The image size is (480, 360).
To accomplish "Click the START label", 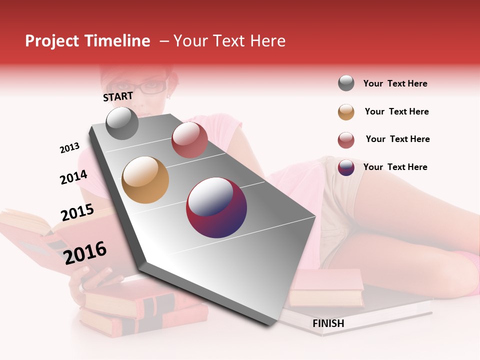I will click(x=118, y=96).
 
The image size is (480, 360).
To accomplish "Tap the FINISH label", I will click(x=328, y=323).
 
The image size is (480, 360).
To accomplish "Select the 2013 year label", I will click(x=69, y=148).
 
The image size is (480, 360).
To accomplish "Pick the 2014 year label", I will click(x=73, y=177).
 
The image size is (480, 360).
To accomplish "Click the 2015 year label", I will click(x=77, y=212).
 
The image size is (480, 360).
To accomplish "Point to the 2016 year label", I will click(x=85, y=252).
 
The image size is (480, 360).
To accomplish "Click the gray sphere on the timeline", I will click(x=122, y=123).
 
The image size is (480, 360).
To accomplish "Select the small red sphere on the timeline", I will click(x=189, y=140).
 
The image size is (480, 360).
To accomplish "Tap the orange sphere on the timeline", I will click(x=145, y=180).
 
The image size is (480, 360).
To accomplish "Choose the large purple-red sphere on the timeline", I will click(x=216, y=207).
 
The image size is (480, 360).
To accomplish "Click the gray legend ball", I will click(x=346, y=83).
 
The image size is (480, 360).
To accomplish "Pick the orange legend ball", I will click(x=346, y=112).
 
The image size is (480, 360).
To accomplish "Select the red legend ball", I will click(x=346, y=140).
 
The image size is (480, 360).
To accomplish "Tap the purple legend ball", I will click(x=346, y=167).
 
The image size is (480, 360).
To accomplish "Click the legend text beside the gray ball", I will click(x=395, y=83).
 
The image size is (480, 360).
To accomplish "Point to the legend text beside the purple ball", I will click(x=395, y=167).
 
